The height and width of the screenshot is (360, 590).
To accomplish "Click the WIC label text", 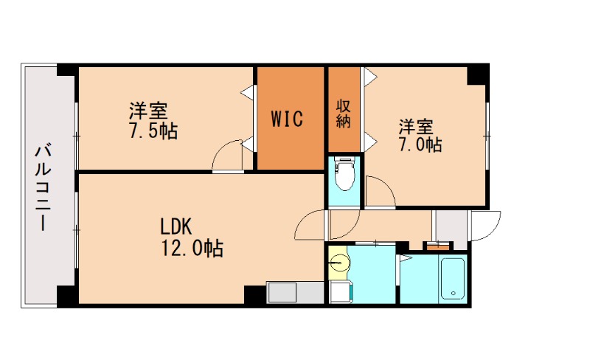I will pos(286,119).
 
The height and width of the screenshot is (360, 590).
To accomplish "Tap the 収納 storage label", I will pos(343,113).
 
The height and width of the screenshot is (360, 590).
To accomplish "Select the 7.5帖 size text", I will pos(153,132).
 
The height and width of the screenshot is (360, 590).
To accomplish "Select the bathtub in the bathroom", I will pos(452,278).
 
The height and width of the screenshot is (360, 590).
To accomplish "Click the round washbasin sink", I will pos(338,264).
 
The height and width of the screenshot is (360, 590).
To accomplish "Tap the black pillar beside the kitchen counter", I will pos(254,293).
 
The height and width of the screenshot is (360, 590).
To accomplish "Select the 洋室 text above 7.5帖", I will pos(148,112).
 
